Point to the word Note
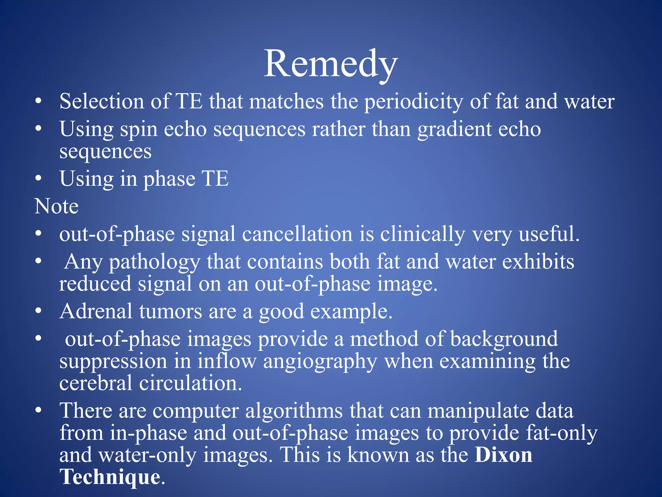point(57,206)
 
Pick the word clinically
point(422,234)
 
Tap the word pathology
point(155,262)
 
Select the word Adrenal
point(96,311)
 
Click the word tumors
point(171,311)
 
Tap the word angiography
point(320,362)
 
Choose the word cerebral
point(96,383)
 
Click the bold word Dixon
point(503,455)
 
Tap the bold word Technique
point(110,477)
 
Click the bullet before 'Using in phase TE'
point(39,178)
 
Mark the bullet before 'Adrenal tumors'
point(39,311)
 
